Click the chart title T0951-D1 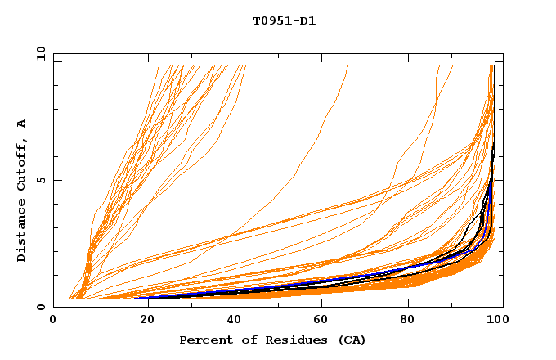284,21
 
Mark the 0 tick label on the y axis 41,308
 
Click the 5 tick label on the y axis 41,180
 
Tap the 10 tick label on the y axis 38,53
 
